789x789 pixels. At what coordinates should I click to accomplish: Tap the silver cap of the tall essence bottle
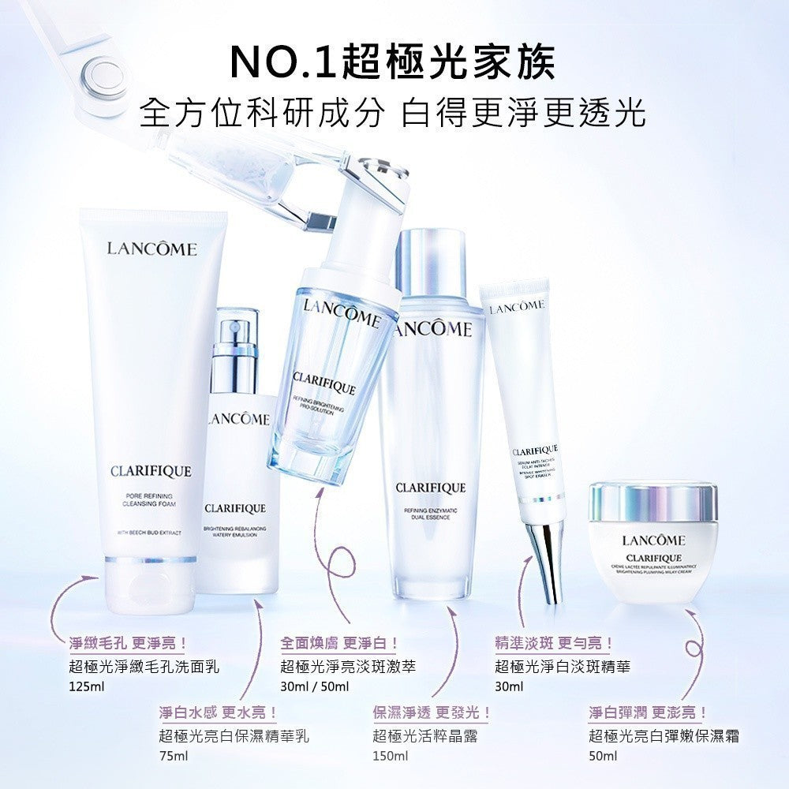coord(431,261)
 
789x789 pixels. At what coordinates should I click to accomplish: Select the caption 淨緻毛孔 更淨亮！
coord(125,644)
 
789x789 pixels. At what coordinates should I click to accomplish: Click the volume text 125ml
coord(87,686)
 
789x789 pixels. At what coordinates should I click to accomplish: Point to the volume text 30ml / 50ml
coord(314,686)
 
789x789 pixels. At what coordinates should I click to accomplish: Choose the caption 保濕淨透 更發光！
coord(432,712)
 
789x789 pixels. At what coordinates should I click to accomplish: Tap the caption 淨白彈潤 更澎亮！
coord(647,712)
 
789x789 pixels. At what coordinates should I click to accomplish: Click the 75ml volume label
coord(173,756)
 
